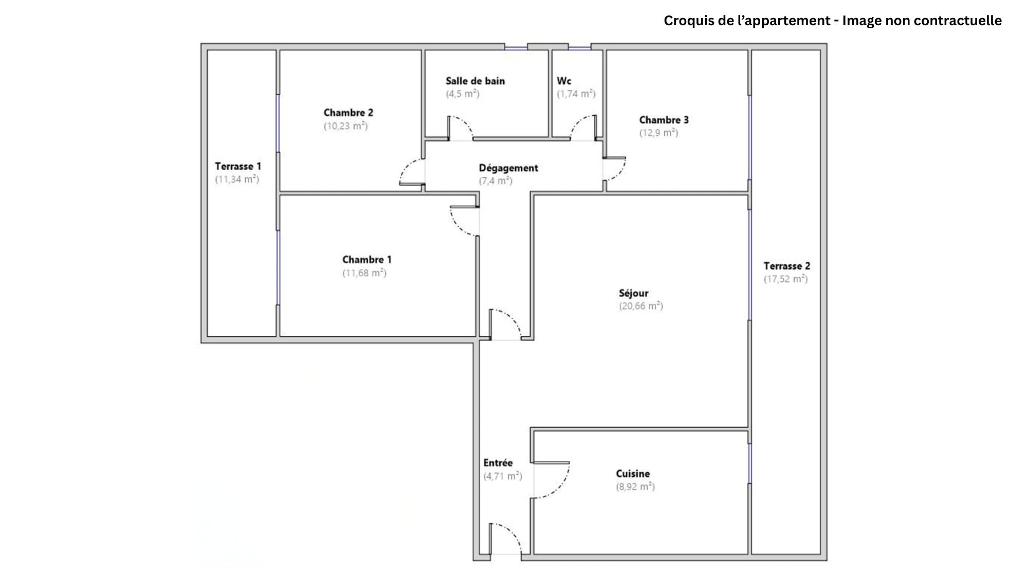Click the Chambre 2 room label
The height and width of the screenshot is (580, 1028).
pos(348,113)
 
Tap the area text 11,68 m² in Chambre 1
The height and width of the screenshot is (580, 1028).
pos(364,273)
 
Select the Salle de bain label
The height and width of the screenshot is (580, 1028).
pos(475,81)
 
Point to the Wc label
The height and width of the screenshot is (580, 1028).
pos(564,81)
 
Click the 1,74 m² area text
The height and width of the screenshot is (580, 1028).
pos(576,94)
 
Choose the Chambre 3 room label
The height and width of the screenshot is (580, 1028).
pos(664,120)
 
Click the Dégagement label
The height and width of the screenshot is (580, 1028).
pos(508,168)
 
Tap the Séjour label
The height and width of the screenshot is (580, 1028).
pos(633,293)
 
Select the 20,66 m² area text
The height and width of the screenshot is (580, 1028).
pos(641,306)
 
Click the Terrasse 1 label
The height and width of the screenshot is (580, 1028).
pos(237,166)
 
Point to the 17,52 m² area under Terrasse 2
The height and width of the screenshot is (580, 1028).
pos(785,279)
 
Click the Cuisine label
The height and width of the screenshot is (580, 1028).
pos(633,474)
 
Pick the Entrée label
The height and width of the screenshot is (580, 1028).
pos(498,463)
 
